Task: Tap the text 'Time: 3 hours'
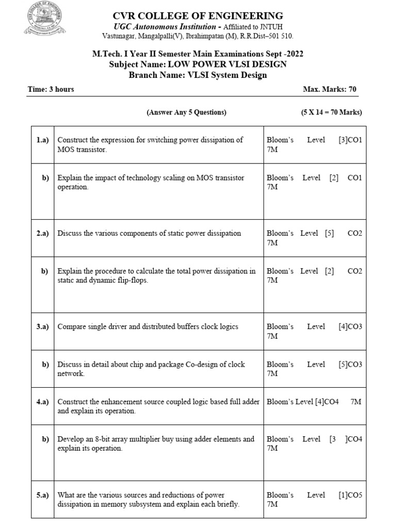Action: [51, 89]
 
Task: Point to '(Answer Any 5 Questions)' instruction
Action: [186, 112]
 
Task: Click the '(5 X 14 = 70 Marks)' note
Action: [332, 112]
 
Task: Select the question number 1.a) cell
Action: [42, 140]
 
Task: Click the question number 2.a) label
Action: [42, 233]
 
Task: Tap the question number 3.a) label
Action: [42, 326]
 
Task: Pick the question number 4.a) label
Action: [42, 401]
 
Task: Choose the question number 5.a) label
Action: [42, 495]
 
